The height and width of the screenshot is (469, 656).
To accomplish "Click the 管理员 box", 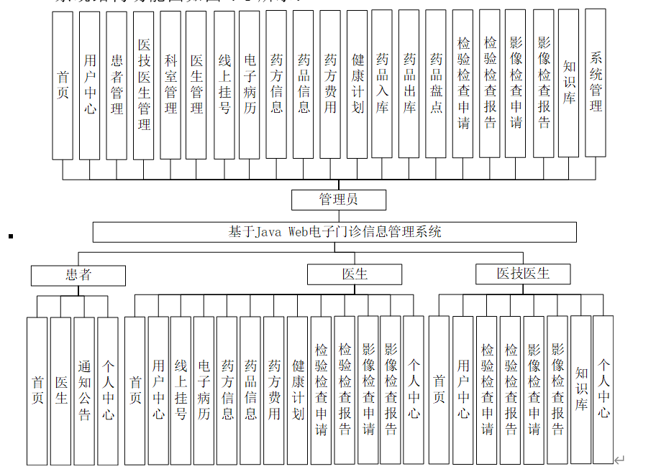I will tap(338, 200).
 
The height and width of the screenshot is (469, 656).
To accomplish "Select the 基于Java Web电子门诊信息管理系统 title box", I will tap(334, 232).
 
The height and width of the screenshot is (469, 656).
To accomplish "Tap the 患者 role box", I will tap(78, 275).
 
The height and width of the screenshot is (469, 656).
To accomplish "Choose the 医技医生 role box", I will tap(523, 274).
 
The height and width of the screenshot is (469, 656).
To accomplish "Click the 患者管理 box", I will tap(117, 85).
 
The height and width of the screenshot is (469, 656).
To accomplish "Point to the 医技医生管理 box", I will tap(144, 85).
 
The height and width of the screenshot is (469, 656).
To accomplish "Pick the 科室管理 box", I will tap(170, 85).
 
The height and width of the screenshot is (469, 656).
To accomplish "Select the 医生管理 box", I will tap(196, 85).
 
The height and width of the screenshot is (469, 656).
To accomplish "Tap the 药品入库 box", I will tap(382, 83).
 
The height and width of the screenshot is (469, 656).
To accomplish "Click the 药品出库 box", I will tap(409, 83).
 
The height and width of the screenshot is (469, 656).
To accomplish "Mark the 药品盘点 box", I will tap(436, 83).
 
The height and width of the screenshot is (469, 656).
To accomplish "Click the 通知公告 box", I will tap(84, 391).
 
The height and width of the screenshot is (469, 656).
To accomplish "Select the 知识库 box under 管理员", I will tap(569, 83).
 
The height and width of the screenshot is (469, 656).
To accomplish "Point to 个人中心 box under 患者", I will tap(108, 391).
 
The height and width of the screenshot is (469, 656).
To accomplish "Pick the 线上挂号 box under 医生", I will tap(181, 391).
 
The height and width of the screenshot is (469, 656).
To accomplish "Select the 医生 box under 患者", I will tap(61, 391).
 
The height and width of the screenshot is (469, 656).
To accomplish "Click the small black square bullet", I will tap(11, 235).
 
